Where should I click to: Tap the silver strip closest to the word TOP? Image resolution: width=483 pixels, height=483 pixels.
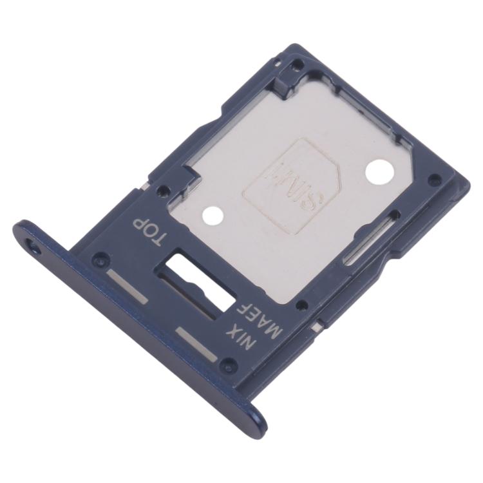(x=129, y=284)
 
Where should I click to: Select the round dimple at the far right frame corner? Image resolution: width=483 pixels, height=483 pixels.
(x=436, y=180)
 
